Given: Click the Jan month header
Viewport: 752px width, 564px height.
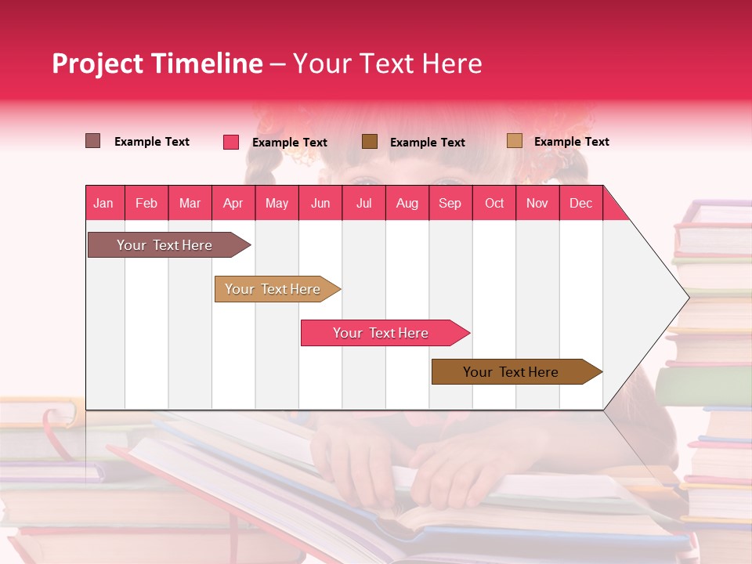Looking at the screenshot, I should pyautogui.click(x=104, y=203).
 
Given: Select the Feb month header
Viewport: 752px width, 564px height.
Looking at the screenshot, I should pyautogui.click(x=146, y=203).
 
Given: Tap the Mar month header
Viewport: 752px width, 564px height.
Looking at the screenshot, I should pyautogui.click(x=190, y=203).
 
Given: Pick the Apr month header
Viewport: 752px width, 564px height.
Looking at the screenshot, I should pyautogui.click(x=233, y=203).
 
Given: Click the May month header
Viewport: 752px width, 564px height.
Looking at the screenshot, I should pyautogui.click(x=277, y=203).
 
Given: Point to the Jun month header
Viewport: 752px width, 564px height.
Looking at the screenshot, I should pyautogui.click(x=320, y=203).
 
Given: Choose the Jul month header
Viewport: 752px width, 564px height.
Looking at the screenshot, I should pyautogui.click(x=363, y=203).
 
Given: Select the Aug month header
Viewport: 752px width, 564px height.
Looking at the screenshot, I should pyautogui.click(x=407, y=203).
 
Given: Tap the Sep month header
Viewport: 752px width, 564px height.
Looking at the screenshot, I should pyautogui.click(x=450, y=203).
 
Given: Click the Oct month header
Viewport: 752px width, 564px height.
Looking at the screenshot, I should pyautogui.click(x=494, y=203).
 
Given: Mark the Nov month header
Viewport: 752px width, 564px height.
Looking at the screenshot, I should pyautogui.click(x=537, y=203).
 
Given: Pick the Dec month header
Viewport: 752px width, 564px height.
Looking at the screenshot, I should pyautogui.click(x=581, y=203).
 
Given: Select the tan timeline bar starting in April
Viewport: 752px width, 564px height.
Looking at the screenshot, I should pyautogui.click(x=274, y=289).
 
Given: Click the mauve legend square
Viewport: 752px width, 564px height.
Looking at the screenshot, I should pyautogui.click(x=93, y=141).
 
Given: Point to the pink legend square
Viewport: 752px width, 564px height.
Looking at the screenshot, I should pyautogui.click(x=231, y=142).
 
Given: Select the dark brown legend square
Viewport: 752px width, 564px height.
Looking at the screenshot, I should pyautogui.click(x=370, y=142).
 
